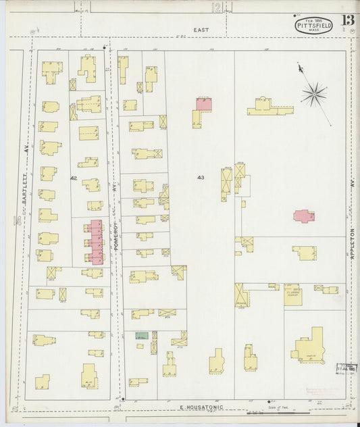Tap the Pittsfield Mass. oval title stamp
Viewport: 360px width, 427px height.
tap(313, 26)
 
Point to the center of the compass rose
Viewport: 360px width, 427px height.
tap(313, 94)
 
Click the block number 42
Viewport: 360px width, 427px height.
tap(73, 178)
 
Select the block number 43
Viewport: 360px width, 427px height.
tap(201, 178)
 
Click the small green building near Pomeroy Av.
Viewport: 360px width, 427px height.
tap(141, 336)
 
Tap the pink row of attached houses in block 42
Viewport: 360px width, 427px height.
tap(95, 242)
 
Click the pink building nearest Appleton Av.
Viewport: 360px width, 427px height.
tap(304, 216)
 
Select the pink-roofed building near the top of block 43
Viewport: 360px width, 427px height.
tap(203, 104)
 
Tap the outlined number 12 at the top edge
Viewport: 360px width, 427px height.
tap(216, 7)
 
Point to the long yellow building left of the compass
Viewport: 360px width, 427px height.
tap(269, 107)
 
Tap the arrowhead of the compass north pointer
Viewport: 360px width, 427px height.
tap(299, 66)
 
